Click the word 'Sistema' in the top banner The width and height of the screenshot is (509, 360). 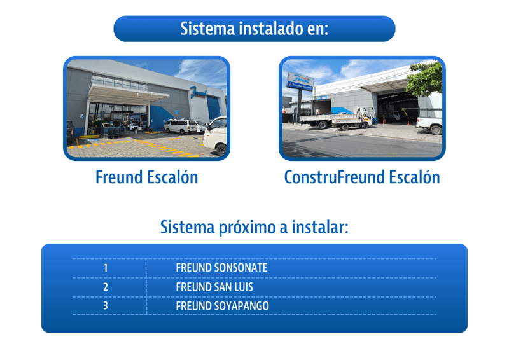pos(208,29)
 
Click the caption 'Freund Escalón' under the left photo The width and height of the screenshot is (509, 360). pos(147,177)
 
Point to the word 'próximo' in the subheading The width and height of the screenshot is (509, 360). pos(247,228)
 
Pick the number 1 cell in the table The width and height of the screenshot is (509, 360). pos(106,268)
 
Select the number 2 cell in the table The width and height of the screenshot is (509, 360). pos(106,287)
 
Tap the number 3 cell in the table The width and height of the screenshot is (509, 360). pos(106,306)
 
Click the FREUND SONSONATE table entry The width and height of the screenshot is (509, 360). pos(221,268)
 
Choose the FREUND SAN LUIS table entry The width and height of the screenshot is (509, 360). pos(214,287)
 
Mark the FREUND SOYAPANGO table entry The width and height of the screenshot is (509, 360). pos(222,306)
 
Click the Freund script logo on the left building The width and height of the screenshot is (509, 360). pos(199,92)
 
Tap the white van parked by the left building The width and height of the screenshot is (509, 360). pos(181,126)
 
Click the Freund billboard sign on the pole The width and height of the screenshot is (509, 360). pos(300,80)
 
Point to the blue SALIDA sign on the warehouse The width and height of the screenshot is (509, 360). pos(321,98)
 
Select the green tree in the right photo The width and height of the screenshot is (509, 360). pos(425,79)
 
